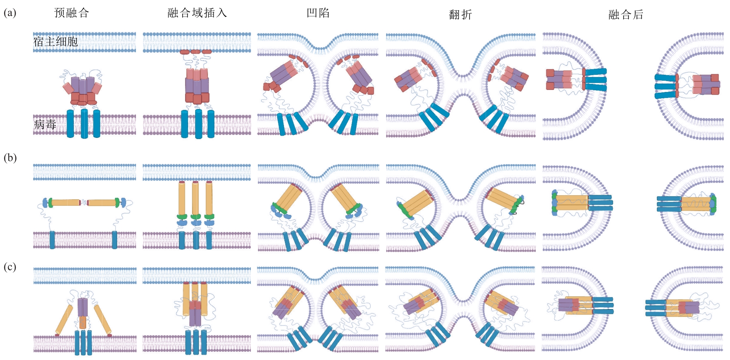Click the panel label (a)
[x=10, y=13]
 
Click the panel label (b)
[x=10, y=158]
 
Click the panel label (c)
[x=10, y=267]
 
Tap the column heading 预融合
[x=72, y=13]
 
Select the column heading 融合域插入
[x=197, y=13]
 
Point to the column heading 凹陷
[x=318, y=13]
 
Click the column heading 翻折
[x=461, y=15]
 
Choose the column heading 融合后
[x=626, y=15]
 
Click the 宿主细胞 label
[x=56, y=41]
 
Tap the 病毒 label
[x=45, y=124]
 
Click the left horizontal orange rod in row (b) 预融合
[x=66, y=203]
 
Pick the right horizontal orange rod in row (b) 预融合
[x=102, y=203]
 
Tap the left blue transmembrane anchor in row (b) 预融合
[x=52, y=240]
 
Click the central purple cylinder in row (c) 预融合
[x=83, y=307]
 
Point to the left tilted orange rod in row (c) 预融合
[x=64, y=320]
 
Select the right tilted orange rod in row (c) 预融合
[x=103, y=320]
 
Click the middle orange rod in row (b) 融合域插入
[x=196, y=199]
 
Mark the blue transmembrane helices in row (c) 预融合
[x=83, y=343]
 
